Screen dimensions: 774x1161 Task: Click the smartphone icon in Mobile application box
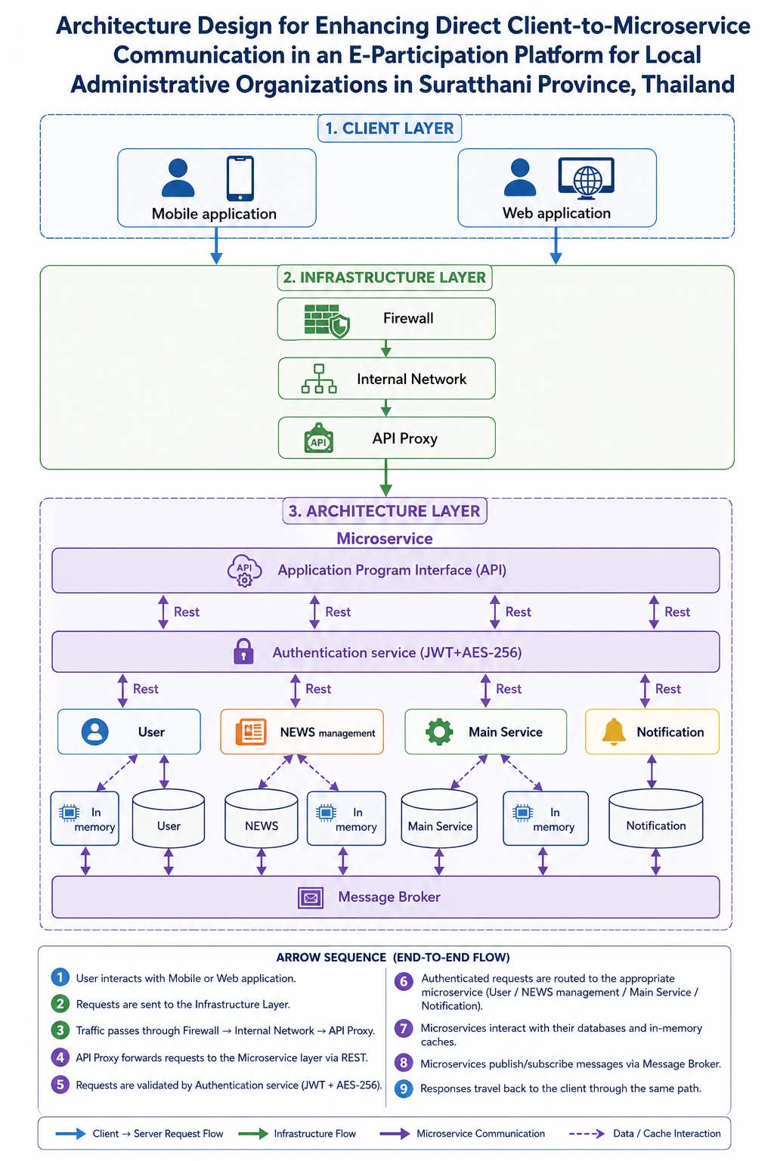(240, 178)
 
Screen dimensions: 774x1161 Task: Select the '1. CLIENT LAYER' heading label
(389, 128)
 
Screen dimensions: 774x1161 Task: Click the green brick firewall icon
(327, 320)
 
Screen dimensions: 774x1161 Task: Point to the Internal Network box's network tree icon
(319, 379)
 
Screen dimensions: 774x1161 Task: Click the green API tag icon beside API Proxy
(318, 438)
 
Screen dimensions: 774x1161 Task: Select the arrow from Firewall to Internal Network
(385, 348)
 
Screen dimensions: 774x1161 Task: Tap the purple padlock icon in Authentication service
(243, 651)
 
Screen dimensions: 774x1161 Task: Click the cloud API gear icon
(245, 570)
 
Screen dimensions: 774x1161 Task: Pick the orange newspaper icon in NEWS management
(251, 732)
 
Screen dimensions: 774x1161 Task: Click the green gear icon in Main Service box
(439, 732)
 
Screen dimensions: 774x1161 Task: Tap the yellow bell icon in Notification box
(614, 732)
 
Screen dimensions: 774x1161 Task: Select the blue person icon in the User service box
(95, 732)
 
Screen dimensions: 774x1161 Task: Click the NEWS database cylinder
(262, 819)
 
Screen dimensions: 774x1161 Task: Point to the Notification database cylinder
(656, 819)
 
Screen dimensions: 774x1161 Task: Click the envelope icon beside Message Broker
(311, 898)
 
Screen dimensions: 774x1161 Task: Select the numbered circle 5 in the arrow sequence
(60, 1085)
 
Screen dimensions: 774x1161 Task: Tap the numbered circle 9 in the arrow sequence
(404, 1088)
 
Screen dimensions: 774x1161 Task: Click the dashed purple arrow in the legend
(587, 1134)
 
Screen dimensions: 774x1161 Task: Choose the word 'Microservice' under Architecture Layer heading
(385, 538)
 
